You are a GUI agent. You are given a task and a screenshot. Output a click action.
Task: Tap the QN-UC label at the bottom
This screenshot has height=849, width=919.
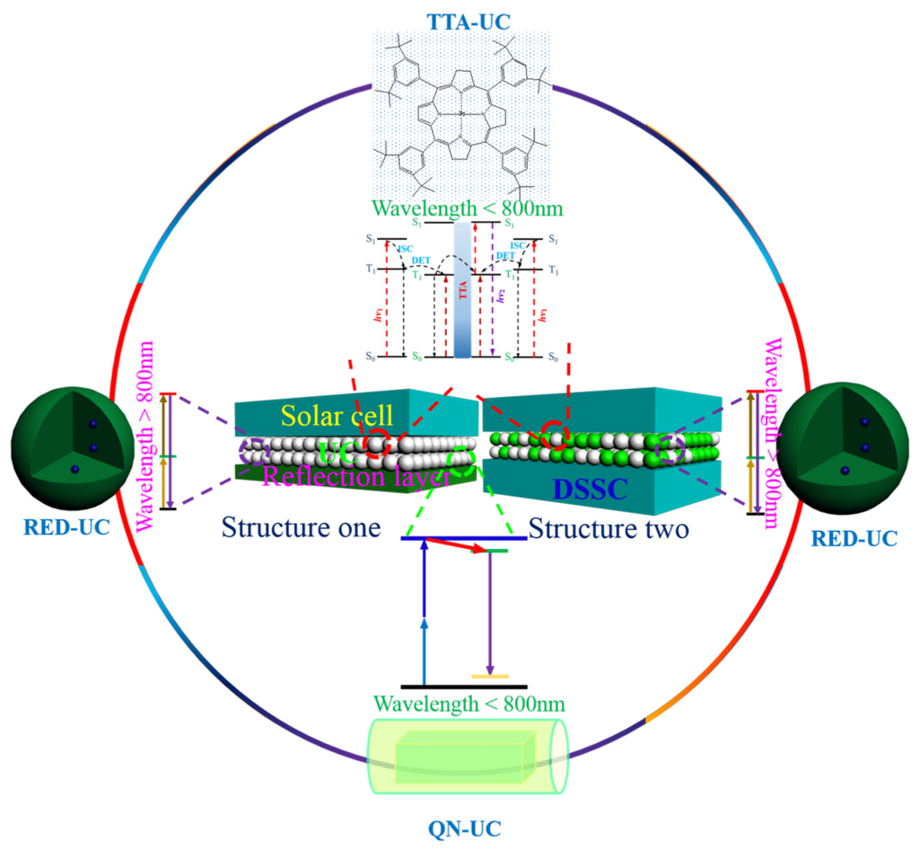coord(459,825)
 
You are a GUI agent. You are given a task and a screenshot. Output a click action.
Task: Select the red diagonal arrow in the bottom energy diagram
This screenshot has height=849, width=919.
coord(457,544)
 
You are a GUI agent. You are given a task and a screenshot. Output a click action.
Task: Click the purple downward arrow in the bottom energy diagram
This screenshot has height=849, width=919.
coord(489,611)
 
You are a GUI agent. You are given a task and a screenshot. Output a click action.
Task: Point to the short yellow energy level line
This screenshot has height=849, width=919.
coord(489,675)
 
